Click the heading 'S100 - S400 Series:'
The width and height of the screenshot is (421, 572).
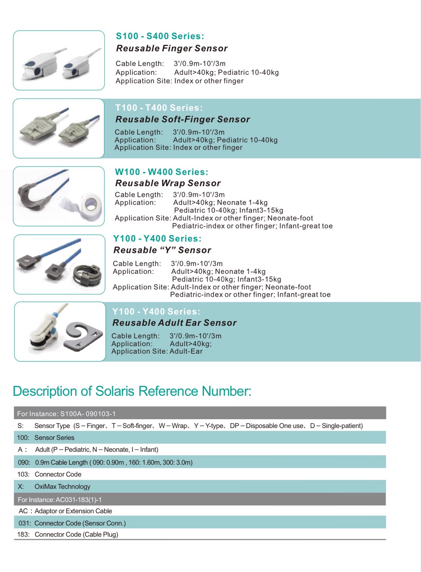click(160, 36)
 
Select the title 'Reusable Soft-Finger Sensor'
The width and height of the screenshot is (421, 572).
click(183, 119)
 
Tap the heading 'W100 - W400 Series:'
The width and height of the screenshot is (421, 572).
click(161, 172)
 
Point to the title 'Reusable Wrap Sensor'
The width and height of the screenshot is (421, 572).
click(168, 183)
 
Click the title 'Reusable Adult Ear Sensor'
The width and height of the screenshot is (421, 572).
click(174, 323)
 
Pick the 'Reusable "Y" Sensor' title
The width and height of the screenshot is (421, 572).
click(162, 250)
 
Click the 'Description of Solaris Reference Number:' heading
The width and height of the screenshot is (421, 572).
click(132, 391)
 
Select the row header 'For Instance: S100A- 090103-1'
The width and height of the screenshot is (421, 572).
click(66, 414)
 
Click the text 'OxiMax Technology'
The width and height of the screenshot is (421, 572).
click(62, 487)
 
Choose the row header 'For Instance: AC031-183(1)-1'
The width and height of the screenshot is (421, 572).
click(59, 500)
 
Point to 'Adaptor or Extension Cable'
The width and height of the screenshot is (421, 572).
click(73, 511)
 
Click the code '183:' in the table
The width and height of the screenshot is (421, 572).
click(23, 534)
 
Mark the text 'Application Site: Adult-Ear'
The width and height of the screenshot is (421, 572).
click(157, 351)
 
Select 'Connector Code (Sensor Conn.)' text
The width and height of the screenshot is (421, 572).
click(80, 523)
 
